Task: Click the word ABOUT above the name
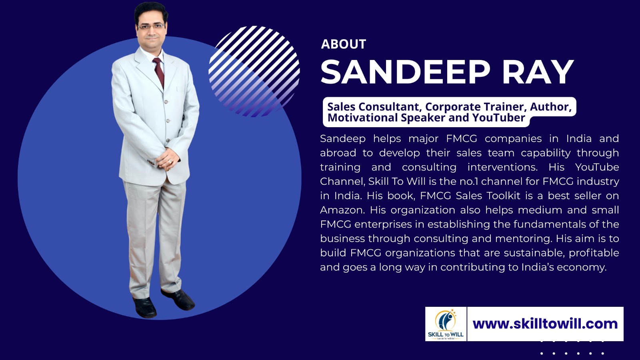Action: pos(344,44)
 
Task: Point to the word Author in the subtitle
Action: pos(551,107)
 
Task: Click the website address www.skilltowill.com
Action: pos(545,324)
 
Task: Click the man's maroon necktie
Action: pos(159,72)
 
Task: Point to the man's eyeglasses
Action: pos(151,26)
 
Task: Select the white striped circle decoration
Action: pos(254,72)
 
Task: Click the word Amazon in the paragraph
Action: pos(342,210)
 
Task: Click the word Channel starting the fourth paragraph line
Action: pos(342,182)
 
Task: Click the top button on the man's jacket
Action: pos(165,102)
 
